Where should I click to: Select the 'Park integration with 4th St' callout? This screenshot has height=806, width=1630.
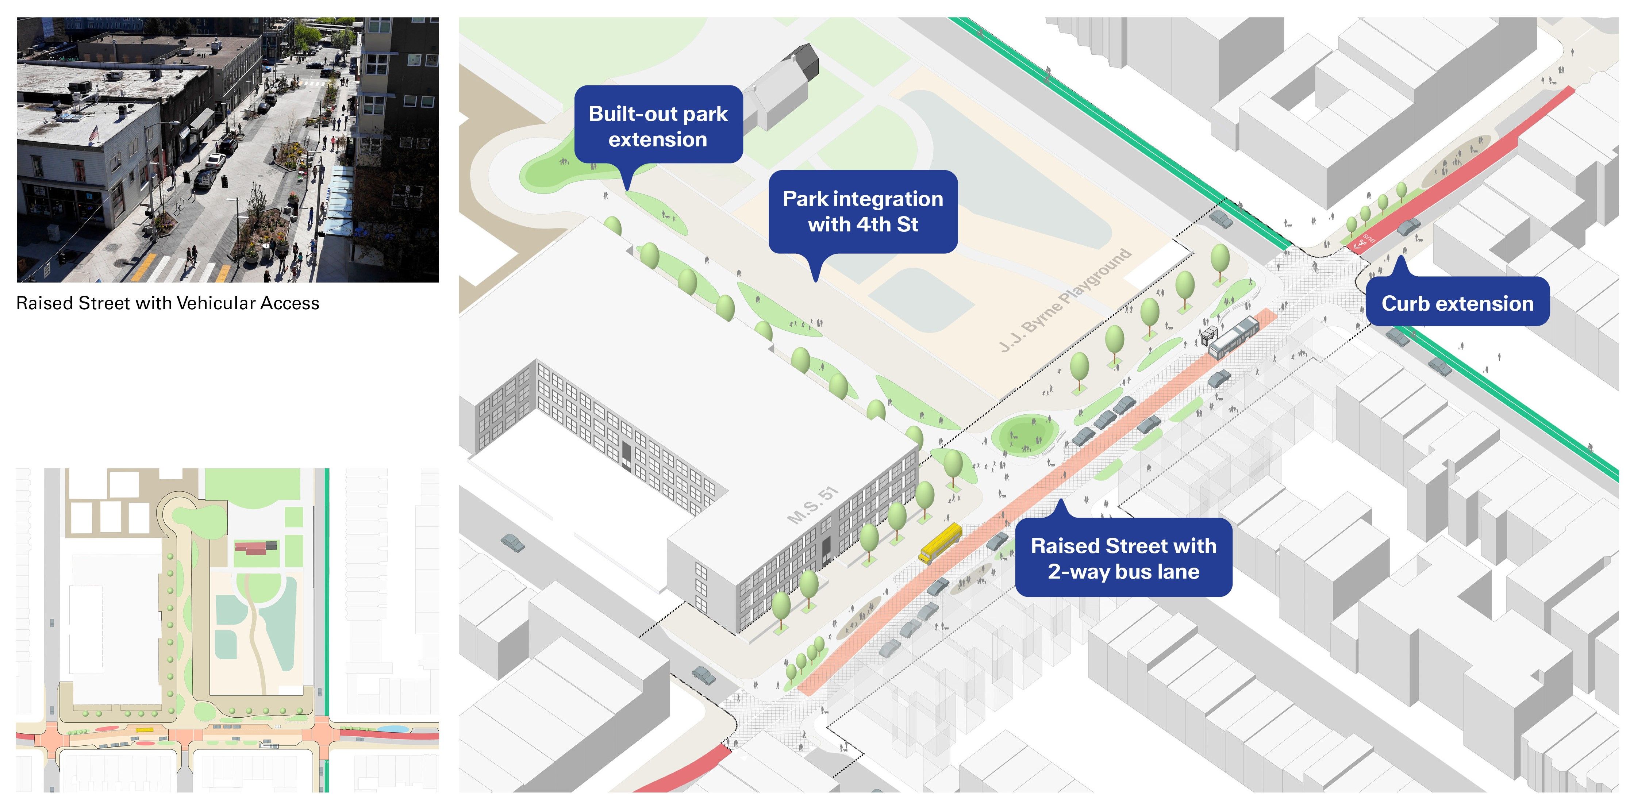(x=862, y=211)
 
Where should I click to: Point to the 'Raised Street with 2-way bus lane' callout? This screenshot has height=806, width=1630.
(x=1123, y=558)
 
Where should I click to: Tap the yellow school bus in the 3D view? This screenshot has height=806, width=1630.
(x=940, y=543)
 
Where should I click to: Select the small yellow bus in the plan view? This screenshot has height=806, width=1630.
(x=144, y=729)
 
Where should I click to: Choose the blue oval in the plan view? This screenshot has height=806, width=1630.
(x=392, y=729)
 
